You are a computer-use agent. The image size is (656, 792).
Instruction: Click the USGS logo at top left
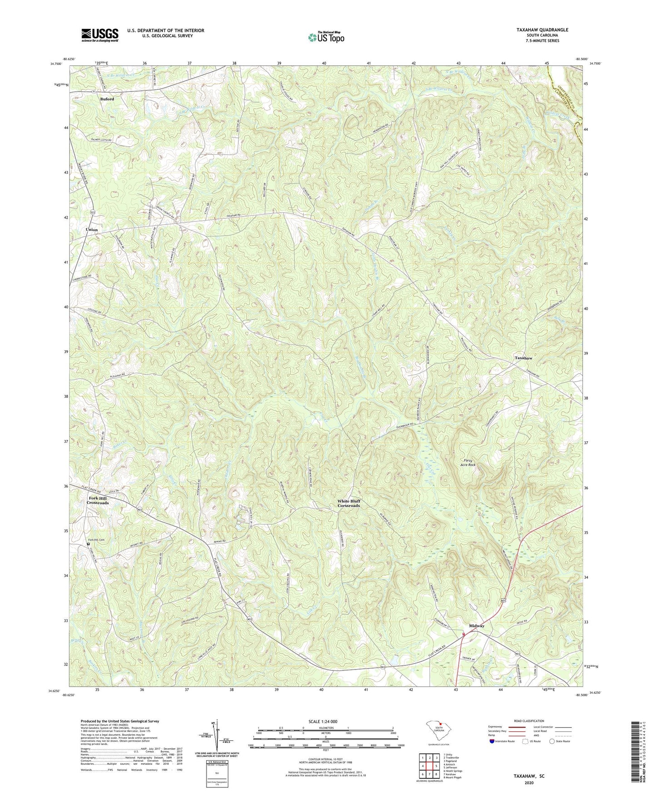coord(100,34)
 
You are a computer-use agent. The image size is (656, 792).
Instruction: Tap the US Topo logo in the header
coord(325,37)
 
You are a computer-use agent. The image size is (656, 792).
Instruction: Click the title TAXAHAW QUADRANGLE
coord(542,30)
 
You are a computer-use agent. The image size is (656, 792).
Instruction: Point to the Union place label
coord(92,230)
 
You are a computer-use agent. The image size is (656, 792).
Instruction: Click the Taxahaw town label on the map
coord(523,358)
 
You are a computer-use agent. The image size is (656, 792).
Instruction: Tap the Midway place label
coord(477,626)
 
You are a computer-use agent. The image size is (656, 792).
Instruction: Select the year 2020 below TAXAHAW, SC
coord(528,783)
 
